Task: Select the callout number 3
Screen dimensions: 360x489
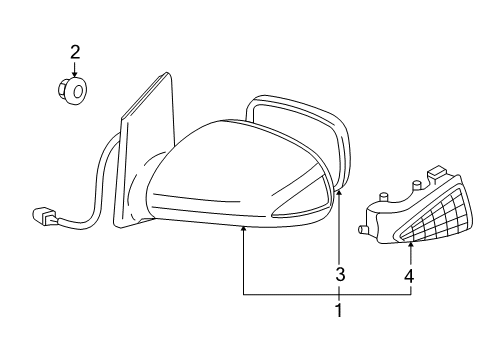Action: (340, 274)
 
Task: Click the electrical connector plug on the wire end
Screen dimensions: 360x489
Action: (44, 215)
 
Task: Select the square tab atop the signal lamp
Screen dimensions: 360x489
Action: (435, 177)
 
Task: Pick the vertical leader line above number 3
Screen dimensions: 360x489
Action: (340, 230)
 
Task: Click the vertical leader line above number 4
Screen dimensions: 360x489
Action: (410, 258)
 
